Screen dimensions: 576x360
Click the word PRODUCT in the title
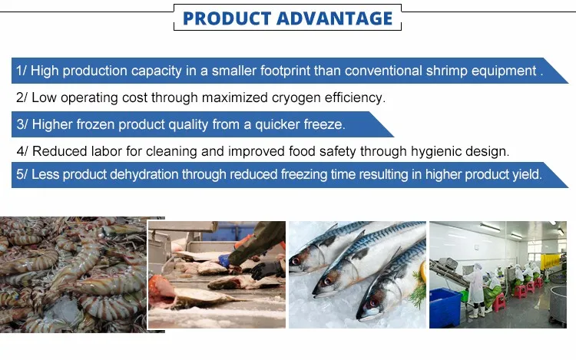click(227, 18)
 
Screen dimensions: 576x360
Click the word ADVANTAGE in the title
click(335, 18)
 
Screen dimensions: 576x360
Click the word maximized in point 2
click(234, 97)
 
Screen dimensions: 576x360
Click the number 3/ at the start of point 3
click(22, 125)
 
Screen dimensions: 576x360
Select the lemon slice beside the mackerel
click(423, 271)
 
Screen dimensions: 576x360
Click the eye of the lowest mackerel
click(373, 303)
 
